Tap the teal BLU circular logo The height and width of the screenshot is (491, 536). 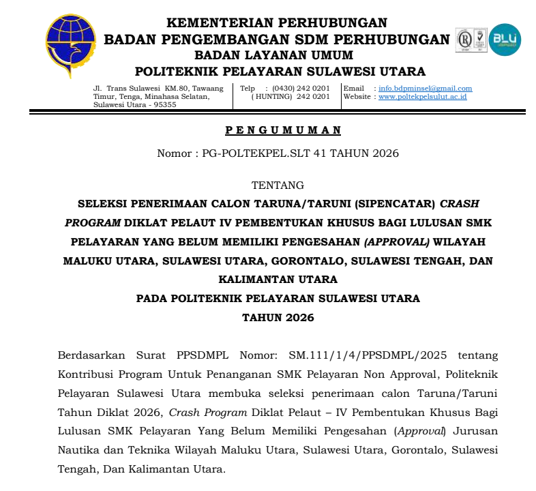click(x=505, y=40)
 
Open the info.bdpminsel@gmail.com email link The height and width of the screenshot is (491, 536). click(x=426, y=89)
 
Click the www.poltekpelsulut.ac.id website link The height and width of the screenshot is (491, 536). click(x=422, y=97)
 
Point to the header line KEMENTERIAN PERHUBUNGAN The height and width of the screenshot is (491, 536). click(x=277, y=23)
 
